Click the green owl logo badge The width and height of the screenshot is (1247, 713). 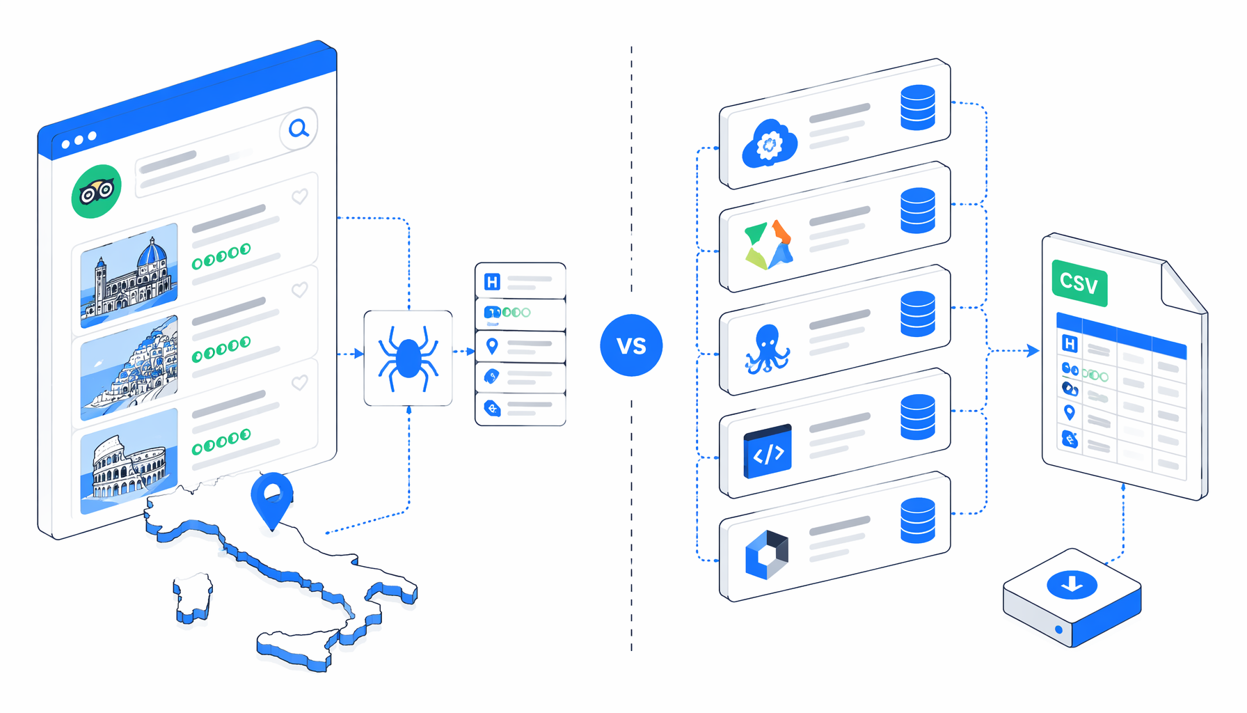click(x=97, y=191)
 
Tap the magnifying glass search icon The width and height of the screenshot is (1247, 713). click(x=299, y=128)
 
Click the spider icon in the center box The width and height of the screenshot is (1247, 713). click(x=408, y=358)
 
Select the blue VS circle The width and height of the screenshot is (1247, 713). click(x=631, y=345)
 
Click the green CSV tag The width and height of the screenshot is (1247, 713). click(x=1079, y=283)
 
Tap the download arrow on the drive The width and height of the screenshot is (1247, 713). click(x=1072, y=583)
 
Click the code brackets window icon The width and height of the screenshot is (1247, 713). click(x=768, y=451)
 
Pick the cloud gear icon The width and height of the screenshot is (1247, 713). click(x=769, y=143)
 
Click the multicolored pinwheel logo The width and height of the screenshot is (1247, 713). click(x=769, y=245)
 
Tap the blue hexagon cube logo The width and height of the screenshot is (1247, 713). click(x=767, y=555)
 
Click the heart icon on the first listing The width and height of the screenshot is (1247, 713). click(x=300, y=197)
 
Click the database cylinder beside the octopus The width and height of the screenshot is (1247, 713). click(x=918, y=314)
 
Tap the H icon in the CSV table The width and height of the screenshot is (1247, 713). click(x=1070, y=343)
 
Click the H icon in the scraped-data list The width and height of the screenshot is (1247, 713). click(x=492, y=282)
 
